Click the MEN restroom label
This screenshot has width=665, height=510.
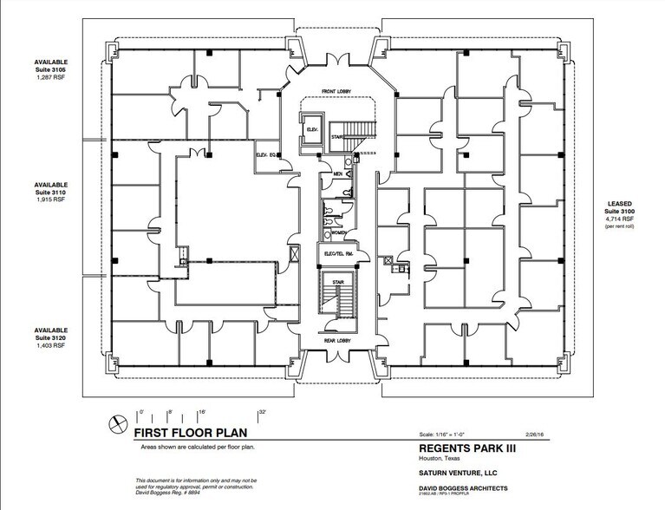[x=328, y=174]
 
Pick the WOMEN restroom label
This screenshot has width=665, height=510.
[x=337, y=233]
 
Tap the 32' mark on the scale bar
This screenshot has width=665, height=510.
[x=261, y=412]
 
